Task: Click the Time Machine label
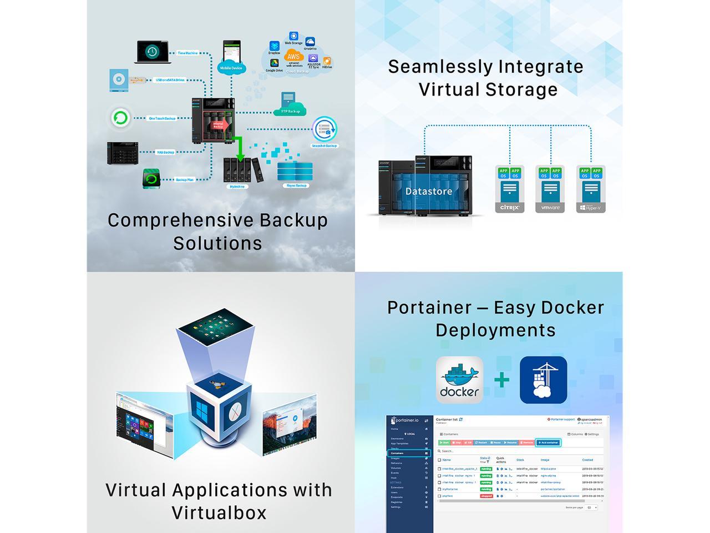tap(187, 53)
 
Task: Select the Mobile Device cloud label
tap(231, 68)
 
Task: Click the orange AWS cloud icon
tap(293, 56)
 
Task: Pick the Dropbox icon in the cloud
tap(274, 46)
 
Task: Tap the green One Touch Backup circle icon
tap(120, 118)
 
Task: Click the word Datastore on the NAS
tap(428, 192)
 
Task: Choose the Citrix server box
tap(510, 189)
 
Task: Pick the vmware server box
tap(550, 189)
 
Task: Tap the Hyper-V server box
tap(591, 189)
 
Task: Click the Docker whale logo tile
tap(459, 380)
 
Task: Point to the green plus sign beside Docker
tap(501, 380)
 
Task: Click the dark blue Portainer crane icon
tap(543, 380)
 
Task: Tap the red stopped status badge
tap(486, 496)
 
